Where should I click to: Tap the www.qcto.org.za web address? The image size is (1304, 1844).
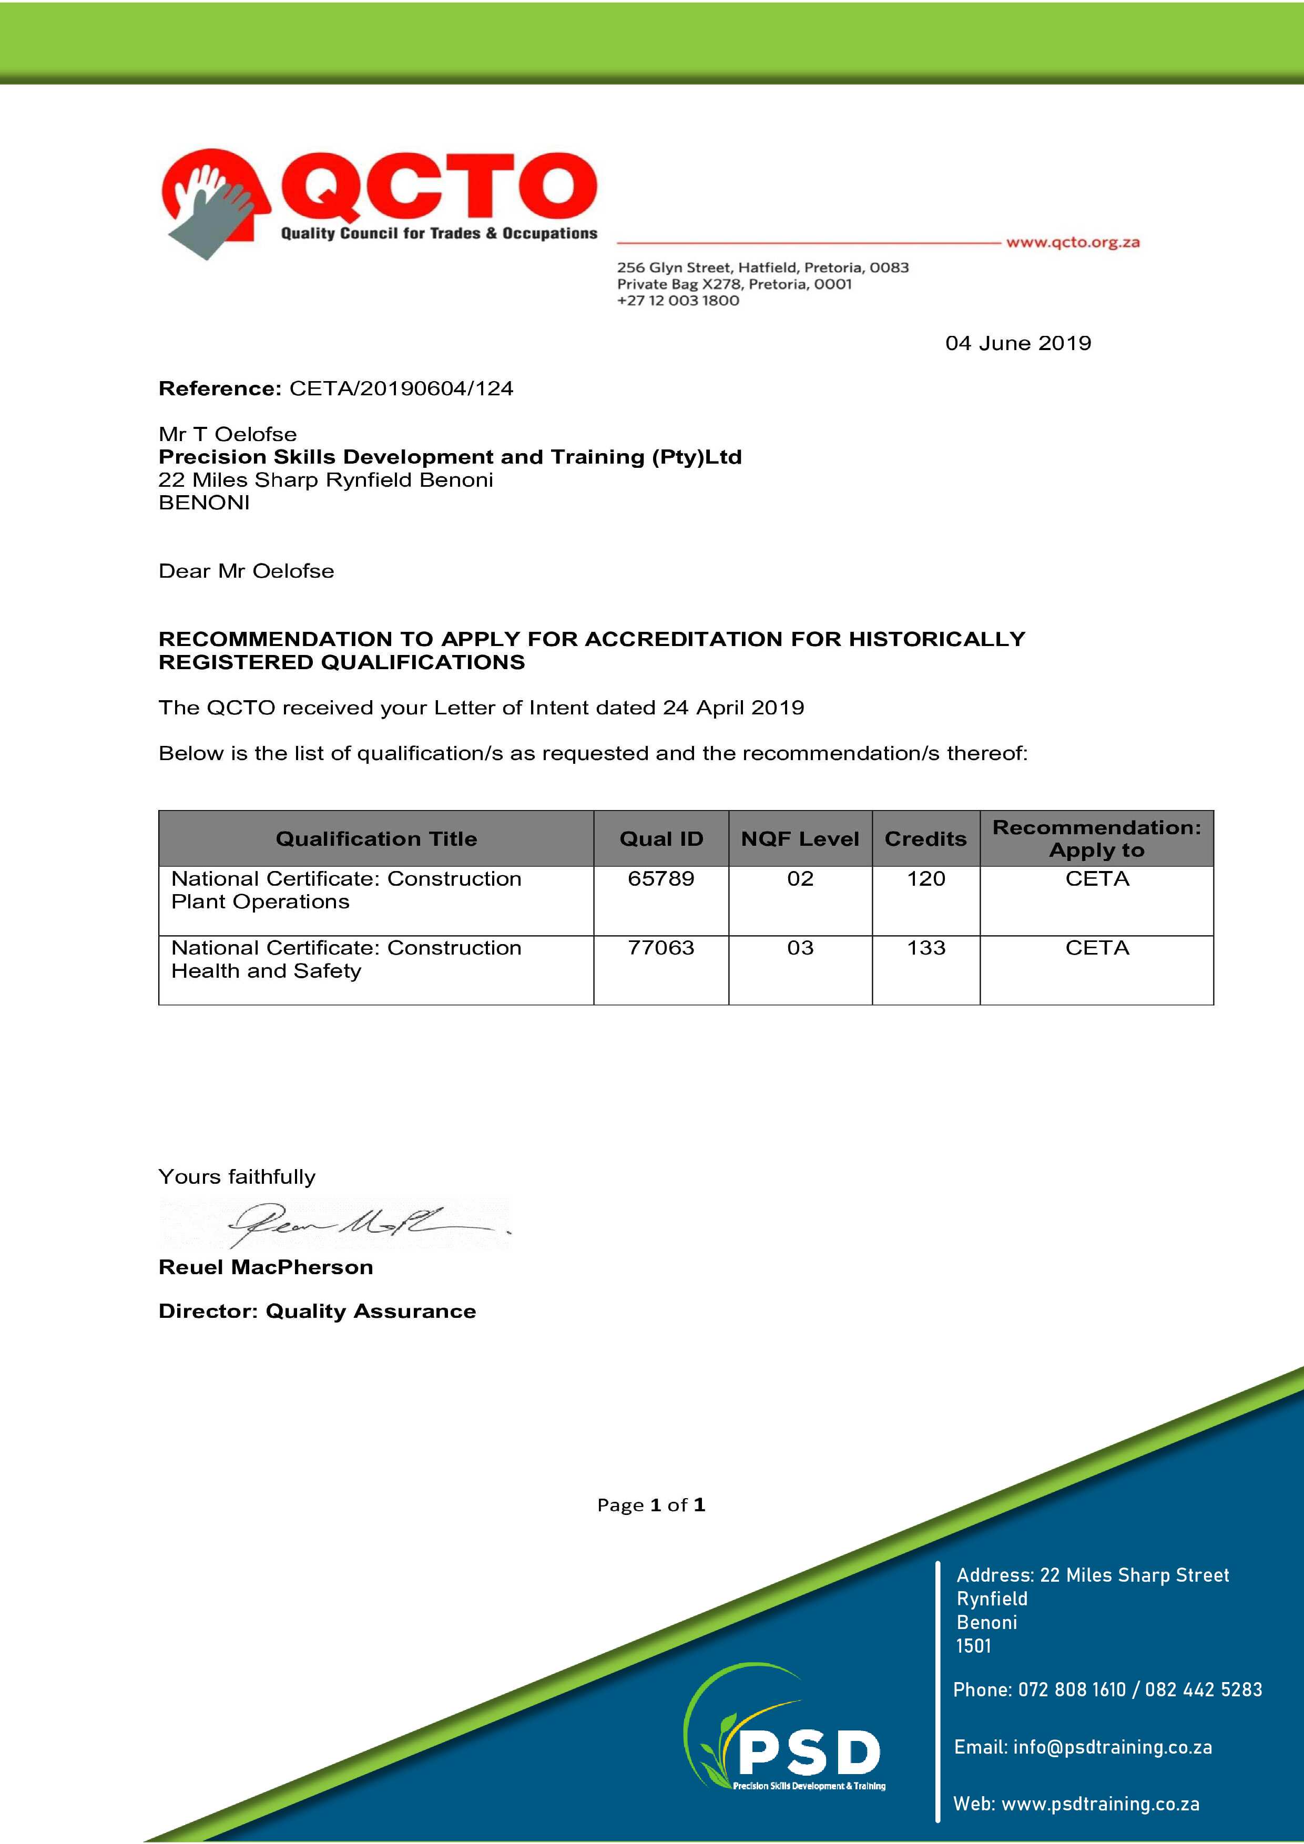[x=1073, y=242]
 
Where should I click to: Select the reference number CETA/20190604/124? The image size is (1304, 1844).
[x=401, y=388]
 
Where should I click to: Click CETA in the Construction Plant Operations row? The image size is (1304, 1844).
[x=1097, y=878]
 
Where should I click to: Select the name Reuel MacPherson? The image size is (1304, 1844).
[x=266, y=1267]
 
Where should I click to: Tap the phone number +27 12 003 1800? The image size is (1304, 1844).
[x=678, y=300]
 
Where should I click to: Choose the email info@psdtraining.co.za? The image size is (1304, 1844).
[x=1112, y=1747]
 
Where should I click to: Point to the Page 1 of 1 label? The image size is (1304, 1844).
[x=651, y=1505]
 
